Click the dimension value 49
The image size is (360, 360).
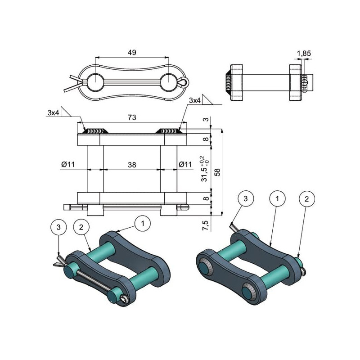pos(132,52)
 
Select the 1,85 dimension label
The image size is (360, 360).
pos(304,54)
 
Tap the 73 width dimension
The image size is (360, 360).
pos(132,117)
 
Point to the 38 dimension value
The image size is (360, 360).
pos(132,165)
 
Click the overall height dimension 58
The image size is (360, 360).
pos(217,172)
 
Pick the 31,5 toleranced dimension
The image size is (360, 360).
pos(205,169)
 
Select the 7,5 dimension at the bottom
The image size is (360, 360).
pos(206,225)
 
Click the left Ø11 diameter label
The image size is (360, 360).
pos(68,164)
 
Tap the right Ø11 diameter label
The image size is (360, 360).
pos(185,164)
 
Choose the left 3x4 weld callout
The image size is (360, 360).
pos(54,112)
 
